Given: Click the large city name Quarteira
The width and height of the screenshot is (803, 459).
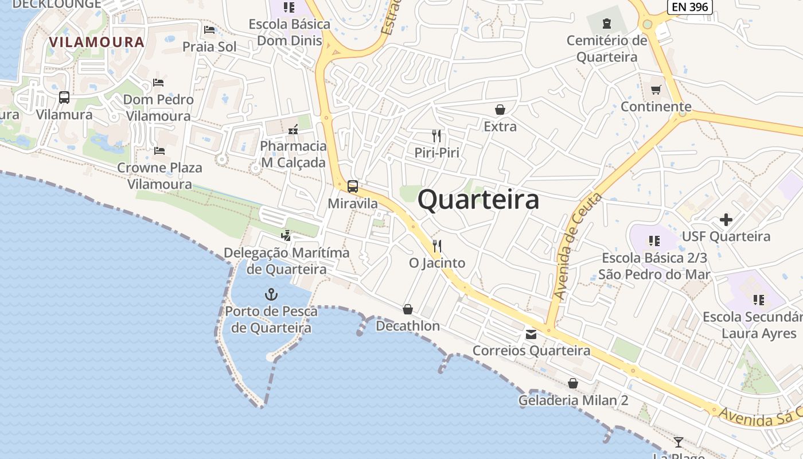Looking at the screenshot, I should tap(478, 200).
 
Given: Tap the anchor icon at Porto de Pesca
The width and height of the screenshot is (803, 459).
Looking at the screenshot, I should tap(271, 294).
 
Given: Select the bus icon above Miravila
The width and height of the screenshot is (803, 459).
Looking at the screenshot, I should tap(353, 186).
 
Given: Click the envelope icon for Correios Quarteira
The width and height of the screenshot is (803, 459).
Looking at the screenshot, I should tap(531, 334).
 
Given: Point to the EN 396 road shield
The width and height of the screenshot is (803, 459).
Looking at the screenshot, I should tap(690, 7).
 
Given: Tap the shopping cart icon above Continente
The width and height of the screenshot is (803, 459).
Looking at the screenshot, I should tap(656, 90).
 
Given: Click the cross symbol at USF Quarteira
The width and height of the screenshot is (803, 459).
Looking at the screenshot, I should tap(726, 220).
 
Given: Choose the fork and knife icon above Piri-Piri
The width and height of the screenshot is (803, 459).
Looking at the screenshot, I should tap(437, 136).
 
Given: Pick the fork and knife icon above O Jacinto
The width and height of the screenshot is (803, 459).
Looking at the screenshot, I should tap(437, 246).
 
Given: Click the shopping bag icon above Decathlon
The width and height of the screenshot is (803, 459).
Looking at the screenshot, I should tap(408, 309).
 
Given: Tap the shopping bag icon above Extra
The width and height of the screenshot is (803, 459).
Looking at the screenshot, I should tap(500, 110).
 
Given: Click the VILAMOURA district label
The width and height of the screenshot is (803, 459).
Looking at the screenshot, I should tap(96, 42).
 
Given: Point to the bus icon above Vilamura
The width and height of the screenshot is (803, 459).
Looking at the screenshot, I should tap(64, 98).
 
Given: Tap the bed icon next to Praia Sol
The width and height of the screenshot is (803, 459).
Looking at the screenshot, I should tap(209, 30).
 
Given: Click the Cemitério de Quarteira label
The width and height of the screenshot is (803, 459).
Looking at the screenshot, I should tap(607, 49).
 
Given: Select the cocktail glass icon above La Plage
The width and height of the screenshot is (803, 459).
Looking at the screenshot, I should tap(679, 442).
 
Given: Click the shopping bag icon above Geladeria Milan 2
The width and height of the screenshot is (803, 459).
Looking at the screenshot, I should tap(573, 383).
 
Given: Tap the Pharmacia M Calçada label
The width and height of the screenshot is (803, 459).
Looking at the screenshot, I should tap(293, 154).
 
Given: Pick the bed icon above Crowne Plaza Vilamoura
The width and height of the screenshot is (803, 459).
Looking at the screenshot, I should tap(159, 151).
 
